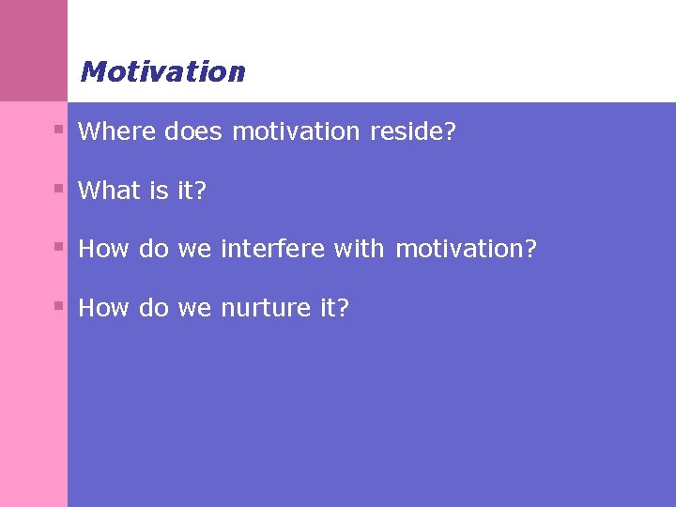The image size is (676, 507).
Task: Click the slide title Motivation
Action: (162, 72)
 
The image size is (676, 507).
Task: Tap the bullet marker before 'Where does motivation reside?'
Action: (58, 129)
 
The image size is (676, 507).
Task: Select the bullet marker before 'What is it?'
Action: (58, 188)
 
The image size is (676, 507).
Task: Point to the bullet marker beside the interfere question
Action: (58, 247)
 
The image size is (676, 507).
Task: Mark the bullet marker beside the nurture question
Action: (58, 305)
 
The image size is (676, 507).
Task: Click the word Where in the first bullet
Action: (116, 131)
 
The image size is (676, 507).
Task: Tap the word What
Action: (109, 191)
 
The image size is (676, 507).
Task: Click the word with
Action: (359, 249)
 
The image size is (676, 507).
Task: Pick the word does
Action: (193, 131)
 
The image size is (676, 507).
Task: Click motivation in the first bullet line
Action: (296, 131)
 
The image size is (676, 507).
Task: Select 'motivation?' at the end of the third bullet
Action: (466, 249)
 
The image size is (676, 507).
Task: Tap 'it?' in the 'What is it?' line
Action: (192, 191)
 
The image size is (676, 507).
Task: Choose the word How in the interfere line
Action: (103, 249)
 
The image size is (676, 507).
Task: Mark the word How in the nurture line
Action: (103, 308)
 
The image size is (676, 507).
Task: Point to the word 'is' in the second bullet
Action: (158, 191)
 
